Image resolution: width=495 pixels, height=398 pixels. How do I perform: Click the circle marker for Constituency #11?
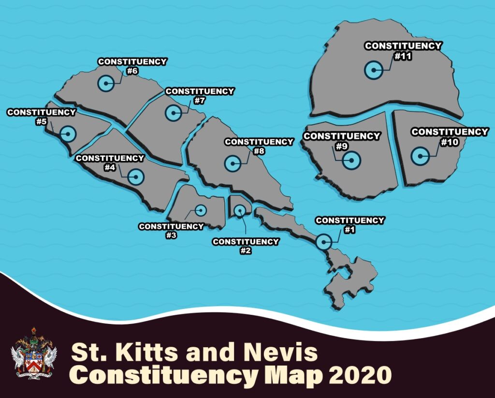tap(373, 71)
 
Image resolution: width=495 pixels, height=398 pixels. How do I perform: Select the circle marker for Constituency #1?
tap(323, 241)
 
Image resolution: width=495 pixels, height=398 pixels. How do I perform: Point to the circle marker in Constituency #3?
tap(201, 210)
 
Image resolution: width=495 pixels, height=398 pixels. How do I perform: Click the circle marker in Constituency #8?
tap(233, 164)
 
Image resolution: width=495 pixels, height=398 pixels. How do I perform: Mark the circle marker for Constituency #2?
tap(240, 210)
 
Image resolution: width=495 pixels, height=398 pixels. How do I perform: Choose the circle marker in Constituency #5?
tap(68, 134)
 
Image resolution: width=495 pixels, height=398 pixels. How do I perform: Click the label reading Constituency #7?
tap(200, 96)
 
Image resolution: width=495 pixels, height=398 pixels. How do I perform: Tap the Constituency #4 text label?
tap(110, 162)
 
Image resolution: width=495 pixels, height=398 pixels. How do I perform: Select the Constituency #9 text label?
tap(341, 140)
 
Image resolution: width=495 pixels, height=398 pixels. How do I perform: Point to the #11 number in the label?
tap(402, 56)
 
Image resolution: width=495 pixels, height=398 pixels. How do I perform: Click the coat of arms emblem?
tap(34, 353)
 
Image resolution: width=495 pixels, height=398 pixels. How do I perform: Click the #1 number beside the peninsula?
tap(349, 230)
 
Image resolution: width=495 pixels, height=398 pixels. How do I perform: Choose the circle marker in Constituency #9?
tap(351, 160)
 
